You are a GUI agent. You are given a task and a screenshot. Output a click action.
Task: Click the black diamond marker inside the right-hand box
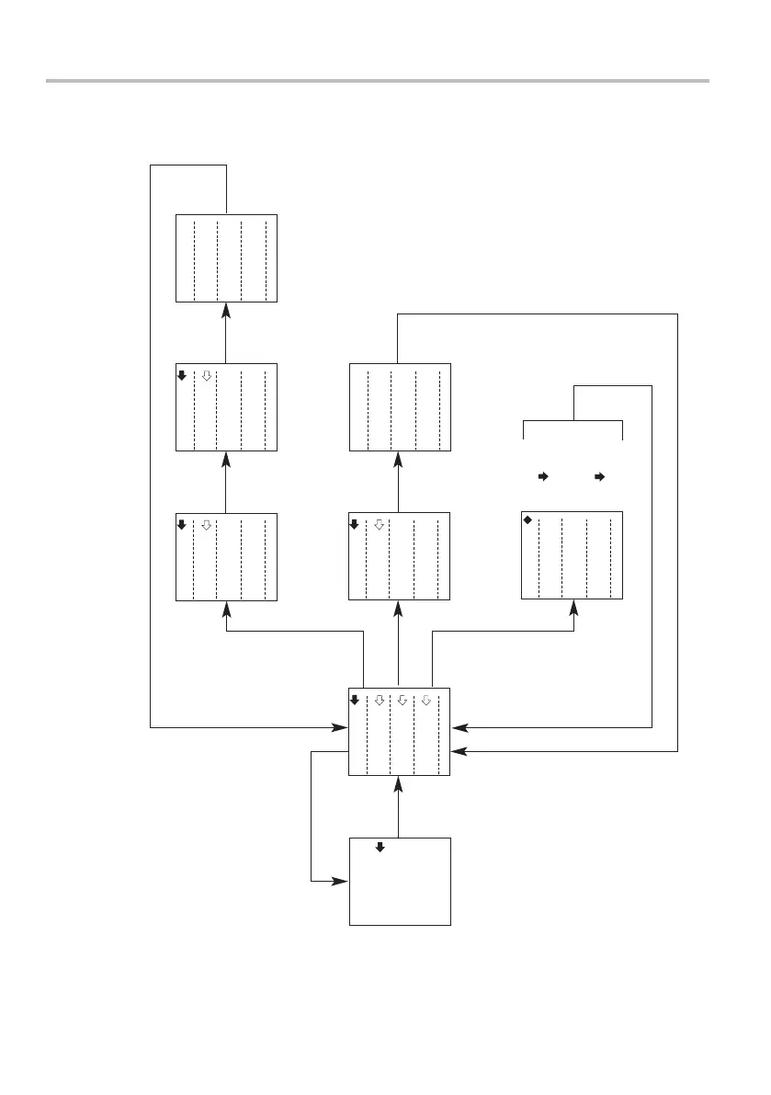pyautogui.click(x=527, y=520)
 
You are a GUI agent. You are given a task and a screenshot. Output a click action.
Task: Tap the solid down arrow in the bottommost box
pyautogui.click(x=380, y=847)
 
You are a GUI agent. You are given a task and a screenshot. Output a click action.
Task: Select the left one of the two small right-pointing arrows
pyautogui.click(x=542, y=477)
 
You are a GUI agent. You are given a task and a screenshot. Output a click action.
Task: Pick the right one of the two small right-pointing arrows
pyautogui.click(x=600, y=477)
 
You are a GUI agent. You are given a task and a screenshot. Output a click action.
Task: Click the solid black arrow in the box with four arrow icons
pyautogui.click(x=355, y=700)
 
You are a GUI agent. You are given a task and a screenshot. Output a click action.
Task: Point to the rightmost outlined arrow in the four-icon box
pyautogui.click(x=425, y=700)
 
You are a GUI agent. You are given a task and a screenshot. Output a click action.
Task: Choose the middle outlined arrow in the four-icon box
pyautogui.click(x=402, y=700)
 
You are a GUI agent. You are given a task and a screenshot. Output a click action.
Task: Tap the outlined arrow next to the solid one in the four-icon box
pyautogui.click(x=379, y=700)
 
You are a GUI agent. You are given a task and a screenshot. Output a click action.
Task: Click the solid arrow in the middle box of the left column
pyautogui.click(x=181, y=375)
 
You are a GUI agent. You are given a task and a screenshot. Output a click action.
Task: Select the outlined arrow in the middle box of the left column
pyautogui.click(x=207, y=375)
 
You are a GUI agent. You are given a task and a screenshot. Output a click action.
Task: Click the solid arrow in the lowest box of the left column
pyautogui.click(x=181, y=524)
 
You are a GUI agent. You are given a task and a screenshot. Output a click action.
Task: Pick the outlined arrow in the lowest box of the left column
pyautogui.click(x=207, y=524)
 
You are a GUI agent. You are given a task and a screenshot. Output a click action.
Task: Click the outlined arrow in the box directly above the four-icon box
pyautogui.click(x=379, y=524)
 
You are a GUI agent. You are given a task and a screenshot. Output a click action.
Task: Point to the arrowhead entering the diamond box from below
pyautogui.click(x=574, y=608)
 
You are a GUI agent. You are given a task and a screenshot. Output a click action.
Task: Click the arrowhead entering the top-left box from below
pyautogui.click(x=225, y=310)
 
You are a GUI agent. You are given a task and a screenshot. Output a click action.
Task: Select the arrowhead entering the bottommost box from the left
pyautogui.click(x=342, y=881)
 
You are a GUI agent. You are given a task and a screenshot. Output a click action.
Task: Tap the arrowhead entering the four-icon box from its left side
pyautogui.click(x=342, y=727)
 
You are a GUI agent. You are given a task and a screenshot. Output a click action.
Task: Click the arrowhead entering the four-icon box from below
pyautogui.click(x=398, y=782)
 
